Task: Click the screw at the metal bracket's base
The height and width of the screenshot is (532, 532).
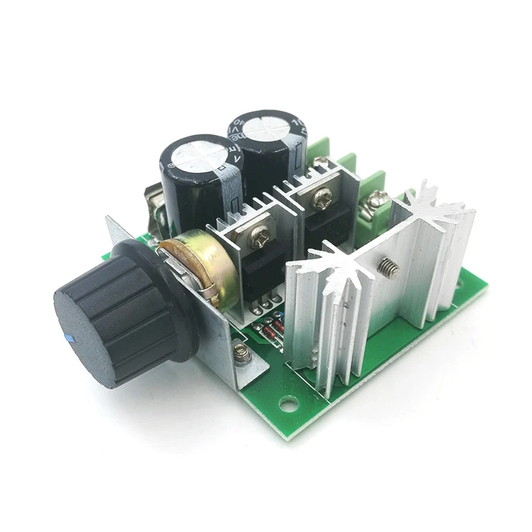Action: click(x=242, y=354)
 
